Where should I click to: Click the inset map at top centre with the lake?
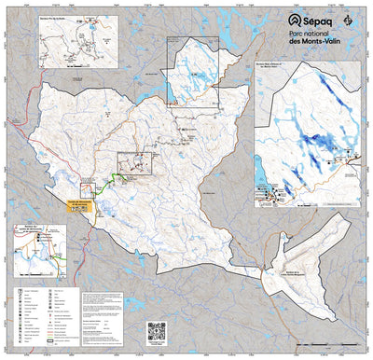point(199,70)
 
